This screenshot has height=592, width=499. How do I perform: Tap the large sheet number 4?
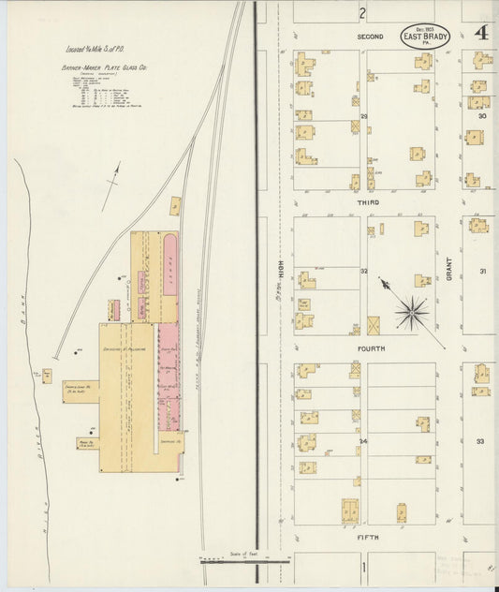tap(482, 35)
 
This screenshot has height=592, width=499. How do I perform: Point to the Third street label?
tap(366, 202)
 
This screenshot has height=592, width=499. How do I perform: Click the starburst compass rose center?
tap(409, 311)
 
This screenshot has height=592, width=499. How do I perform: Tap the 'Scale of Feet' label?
tap(242, 554)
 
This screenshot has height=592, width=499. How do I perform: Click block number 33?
tap(480, 440)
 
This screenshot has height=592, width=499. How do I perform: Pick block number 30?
tap(482, 116)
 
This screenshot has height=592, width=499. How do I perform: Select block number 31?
tap(482, 272)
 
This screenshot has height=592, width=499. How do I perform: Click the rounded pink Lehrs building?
tap(171, 263)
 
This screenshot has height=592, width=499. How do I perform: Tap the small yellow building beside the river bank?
tap(46, 376)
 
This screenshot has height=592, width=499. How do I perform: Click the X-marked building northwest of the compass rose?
tap(374, 325)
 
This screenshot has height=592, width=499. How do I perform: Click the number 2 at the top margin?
tap(361, 12)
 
